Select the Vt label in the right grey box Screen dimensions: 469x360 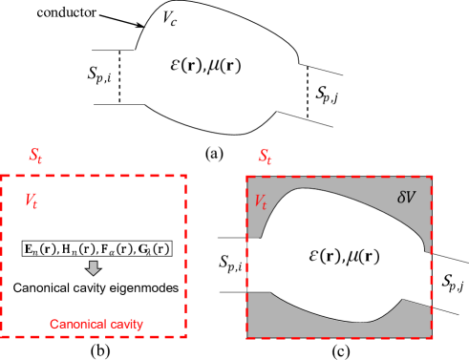coord(261,201)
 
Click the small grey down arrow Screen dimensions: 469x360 coord(93,268)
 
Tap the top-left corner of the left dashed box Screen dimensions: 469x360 coord(2,176)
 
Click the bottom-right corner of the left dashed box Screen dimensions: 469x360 coord(185,336)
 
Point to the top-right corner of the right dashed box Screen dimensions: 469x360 coord(433,177)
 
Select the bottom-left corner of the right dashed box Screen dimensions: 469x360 coord(247,336)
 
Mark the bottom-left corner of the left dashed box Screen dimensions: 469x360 coord(2,336)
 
